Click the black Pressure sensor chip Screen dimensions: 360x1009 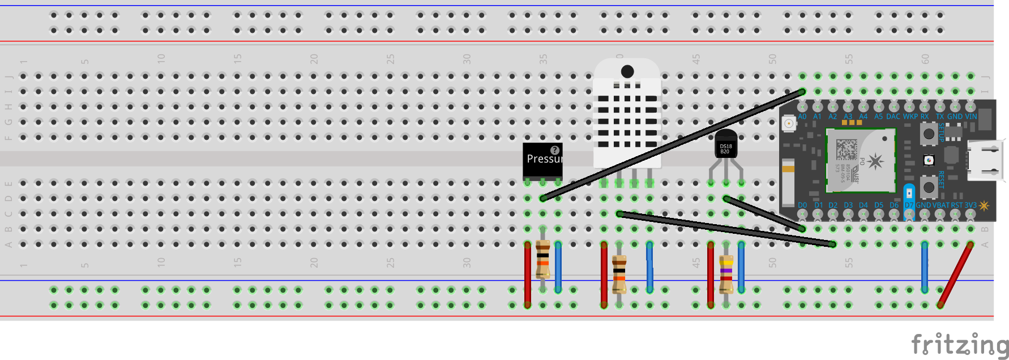542,161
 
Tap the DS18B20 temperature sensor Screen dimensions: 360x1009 726,145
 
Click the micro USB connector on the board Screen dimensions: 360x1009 985,160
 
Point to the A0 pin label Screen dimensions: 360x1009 802,117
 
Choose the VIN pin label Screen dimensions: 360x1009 971,117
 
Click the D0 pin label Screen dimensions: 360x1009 802,205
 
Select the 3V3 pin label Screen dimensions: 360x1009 970,205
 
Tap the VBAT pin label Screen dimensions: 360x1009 941,205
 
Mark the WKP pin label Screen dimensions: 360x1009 910,117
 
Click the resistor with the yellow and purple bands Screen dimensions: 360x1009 726,274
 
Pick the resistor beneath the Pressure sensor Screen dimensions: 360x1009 542,259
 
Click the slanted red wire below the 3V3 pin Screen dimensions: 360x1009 955,275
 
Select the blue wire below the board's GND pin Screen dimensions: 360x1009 925,266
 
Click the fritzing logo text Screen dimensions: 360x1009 959,345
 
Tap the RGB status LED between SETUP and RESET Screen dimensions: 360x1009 929,160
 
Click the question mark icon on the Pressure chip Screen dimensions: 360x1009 555,150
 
